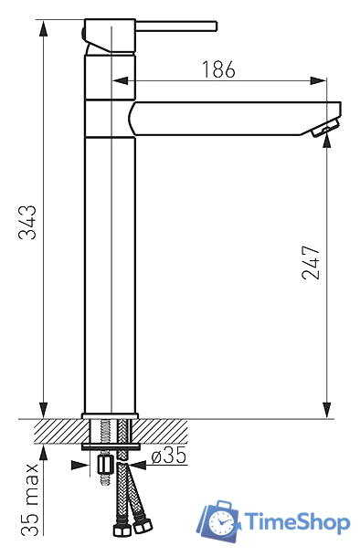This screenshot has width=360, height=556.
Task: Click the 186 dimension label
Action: point(218,69)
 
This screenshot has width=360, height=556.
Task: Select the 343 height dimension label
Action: point(27,223)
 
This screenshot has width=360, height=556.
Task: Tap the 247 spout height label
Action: point(311,262)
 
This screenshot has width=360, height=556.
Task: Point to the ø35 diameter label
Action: point(169,455)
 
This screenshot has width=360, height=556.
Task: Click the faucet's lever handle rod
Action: point(176,26)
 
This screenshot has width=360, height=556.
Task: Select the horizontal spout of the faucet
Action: point(234,119)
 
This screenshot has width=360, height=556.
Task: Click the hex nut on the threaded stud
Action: point(105,465)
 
